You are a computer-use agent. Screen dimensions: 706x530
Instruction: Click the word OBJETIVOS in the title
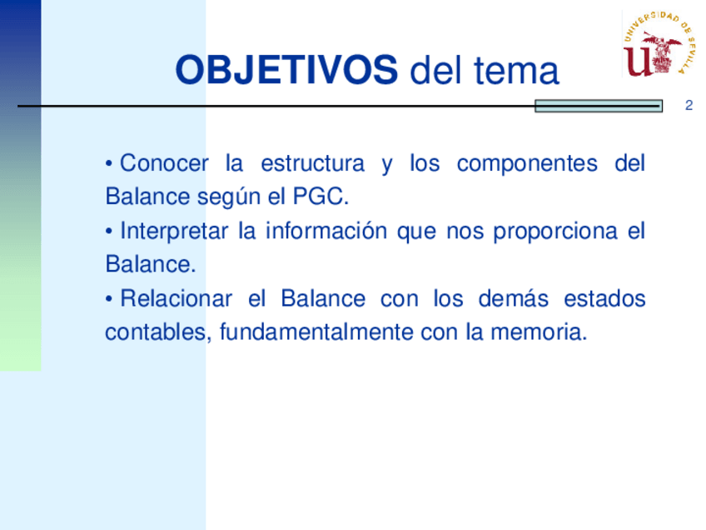coord(286,70)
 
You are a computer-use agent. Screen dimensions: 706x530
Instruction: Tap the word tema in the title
coord(516,71)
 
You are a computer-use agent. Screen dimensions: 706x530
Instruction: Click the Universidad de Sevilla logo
coord(659,43)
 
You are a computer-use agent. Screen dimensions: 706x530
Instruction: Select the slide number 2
coord(689,106)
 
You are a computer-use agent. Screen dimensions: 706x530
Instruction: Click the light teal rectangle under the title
coord(599,106)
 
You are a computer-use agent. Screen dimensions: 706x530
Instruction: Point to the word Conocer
coord(164,163)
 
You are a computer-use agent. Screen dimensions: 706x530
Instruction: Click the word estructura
coord(312,163)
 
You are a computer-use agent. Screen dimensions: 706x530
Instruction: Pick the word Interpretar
coord(174,231)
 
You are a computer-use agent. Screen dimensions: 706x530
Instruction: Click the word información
coord(326,231)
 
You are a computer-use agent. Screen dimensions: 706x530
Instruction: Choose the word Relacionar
coord(176,298)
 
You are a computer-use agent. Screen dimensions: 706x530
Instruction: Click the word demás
coord(514,298)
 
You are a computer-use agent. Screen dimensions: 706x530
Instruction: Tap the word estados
coord(604,298)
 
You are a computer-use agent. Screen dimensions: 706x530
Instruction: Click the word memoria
coord(539,332)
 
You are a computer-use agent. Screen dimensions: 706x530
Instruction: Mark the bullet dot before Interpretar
coord(109,232)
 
